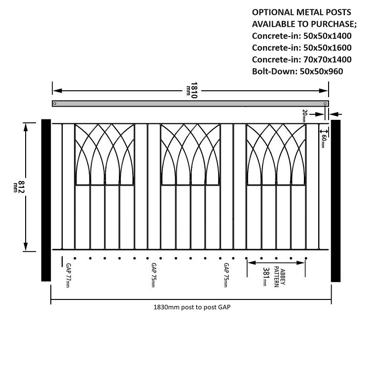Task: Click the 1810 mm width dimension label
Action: point(192,90)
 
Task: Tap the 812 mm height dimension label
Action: point(19,187)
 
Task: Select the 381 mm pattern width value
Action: point(266,276)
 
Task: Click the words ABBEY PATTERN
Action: point(280,277)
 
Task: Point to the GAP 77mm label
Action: point(68,275)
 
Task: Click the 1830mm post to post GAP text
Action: point(192,307)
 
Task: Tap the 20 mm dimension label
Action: point(304,116)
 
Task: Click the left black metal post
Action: point(46,200)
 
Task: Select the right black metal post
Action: point(335,201)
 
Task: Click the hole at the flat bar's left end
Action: point(55,104)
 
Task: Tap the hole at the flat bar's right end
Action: point(325,104)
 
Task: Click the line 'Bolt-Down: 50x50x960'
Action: point(297,71)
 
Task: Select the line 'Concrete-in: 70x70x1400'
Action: point(301,60)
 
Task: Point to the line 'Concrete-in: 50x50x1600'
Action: point(301,48)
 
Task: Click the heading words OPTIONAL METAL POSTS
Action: point(301,12)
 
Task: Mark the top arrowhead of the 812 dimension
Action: point(26,127)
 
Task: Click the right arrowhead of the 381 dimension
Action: point(300,262)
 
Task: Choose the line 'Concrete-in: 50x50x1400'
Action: point(301,36)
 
